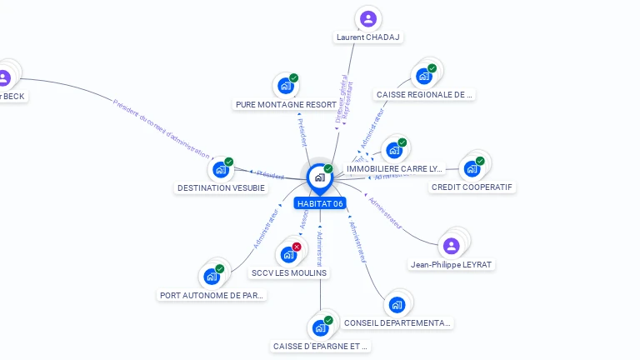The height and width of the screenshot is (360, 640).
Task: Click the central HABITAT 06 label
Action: pyautogui.click(x=320, y=204)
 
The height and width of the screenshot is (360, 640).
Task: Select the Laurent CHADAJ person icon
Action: pyautogui.click(x=367, y=18)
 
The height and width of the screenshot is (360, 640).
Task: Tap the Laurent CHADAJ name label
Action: pyautogui.click(x=368, y=37)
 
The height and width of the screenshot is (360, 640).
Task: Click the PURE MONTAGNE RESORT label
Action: pyautogui.click(x=287, y=105)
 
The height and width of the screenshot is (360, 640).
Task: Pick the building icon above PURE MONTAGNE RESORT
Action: pyautogui.click(x=285, y=85)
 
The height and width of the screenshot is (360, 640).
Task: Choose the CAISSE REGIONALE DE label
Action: pyautogui.click(x=424, y=95)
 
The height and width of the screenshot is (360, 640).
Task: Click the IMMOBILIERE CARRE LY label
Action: pyautogui.click(x=394, y=168)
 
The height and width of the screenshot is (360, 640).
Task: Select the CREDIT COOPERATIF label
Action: pyautogui.click(x=472, y=187)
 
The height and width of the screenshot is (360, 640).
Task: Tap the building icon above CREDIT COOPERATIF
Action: pyautogui.click(x=472, y=168)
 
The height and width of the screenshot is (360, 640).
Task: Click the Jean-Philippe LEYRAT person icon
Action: pyautogui.click(x=451, y=246)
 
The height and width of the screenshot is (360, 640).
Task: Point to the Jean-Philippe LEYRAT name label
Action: pyautogui.click(x=451, y=265)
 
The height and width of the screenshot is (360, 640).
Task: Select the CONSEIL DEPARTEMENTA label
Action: pyautogui.click(x=397, y=322)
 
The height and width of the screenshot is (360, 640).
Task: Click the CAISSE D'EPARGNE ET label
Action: pyautogui.click(x=320, y=346)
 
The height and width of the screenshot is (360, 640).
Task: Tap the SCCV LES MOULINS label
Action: pyautogui.click(x=288, y=272)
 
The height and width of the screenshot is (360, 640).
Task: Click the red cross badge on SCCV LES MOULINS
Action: pyautogui.click(x=297, y=247)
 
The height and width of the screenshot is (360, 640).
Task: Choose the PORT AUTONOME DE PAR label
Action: pyautogui.click(x=212, y=295)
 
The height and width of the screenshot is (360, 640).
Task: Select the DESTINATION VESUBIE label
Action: pyautogui.click(x=221, y=188)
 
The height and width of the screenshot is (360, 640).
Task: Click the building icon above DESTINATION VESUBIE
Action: pyautogui.click(x=220, y=169)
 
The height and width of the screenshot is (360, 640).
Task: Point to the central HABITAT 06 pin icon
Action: pyautogui.click(x=319, y=177)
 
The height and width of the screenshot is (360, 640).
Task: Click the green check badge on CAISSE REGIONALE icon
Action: pyautogui.click(x=432, y=68)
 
